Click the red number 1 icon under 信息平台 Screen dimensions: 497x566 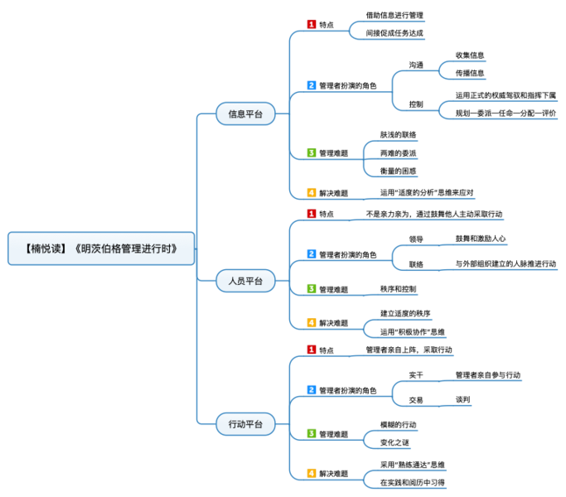312,24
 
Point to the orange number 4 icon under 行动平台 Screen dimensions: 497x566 312,474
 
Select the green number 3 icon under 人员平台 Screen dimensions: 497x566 312,289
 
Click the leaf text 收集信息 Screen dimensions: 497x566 469,55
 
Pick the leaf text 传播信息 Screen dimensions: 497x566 469,73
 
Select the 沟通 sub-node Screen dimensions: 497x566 416,65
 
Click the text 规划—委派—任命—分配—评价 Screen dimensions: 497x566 506,113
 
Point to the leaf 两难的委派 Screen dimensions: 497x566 398,153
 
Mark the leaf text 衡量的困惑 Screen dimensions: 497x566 398,171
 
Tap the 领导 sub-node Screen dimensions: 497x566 416,239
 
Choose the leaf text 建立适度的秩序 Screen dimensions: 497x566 405,313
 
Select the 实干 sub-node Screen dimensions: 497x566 416,375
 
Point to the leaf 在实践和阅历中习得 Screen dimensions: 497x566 413,482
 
